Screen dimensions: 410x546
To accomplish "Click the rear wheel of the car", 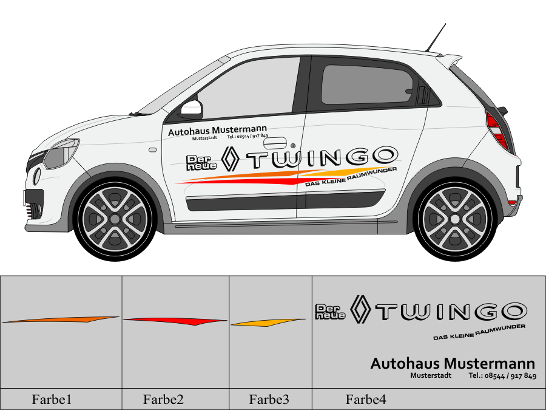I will point(455,217).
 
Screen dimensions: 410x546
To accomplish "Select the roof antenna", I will point(436,38).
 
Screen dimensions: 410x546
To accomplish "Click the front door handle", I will point(274,142).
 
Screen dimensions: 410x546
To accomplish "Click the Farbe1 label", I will point(52,400).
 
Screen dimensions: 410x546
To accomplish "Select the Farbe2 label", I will point(163,400).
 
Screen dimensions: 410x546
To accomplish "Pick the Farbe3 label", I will point(269,400).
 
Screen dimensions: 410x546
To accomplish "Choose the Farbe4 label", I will point(366,400).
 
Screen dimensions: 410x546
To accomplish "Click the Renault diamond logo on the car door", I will point(231,159).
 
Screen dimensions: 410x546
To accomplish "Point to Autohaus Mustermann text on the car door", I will point(217,131).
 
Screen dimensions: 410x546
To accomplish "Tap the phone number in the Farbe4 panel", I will point(502,376).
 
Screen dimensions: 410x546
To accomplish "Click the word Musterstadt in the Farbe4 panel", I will point(430,376).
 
